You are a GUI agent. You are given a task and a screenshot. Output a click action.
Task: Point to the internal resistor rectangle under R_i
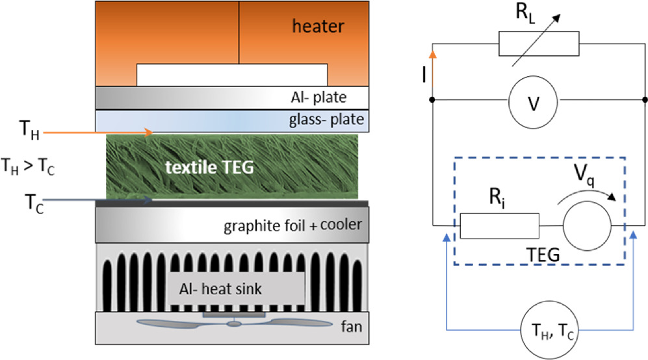(x=499, y=226)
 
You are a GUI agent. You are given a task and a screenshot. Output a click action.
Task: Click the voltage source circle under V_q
(x=587, y=226)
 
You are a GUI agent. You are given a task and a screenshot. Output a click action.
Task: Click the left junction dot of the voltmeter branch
(x=432, y=99)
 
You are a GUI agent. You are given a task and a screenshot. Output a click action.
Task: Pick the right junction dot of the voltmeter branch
(x=644, y=99)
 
